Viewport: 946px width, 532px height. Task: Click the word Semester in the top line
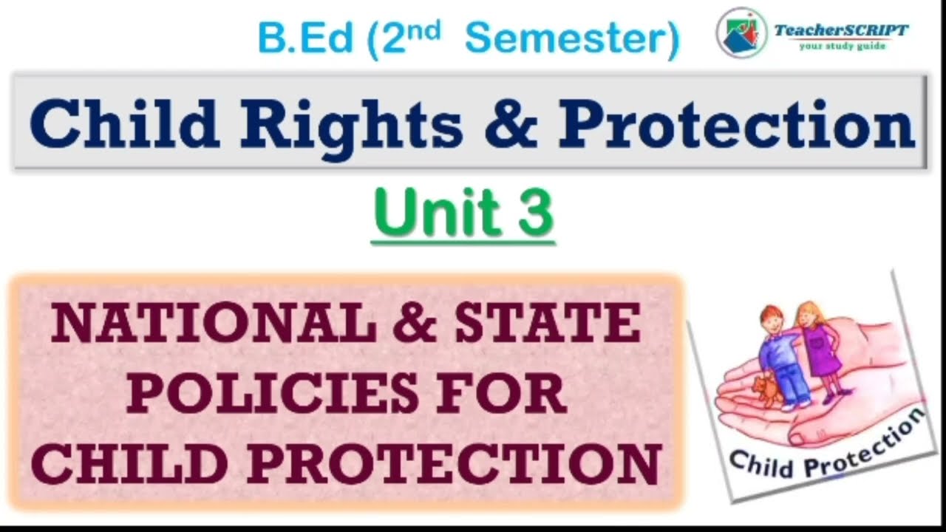point(571,39)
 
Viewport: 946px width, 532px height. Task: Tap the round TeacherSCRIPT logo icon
point(741,33)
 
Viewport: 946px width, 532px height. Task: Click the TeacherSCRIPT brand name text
point(841,30)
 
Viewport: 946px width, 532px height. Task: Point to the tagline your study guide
point(842,46)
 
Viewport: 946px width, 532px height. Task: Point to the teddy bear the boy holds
point(767,389)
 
